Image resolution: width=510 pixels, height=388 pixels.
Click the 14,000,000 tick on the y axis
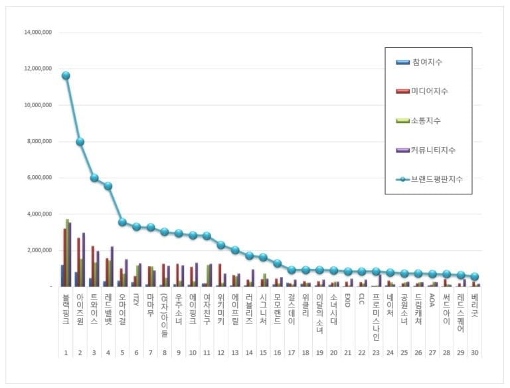[37, 32]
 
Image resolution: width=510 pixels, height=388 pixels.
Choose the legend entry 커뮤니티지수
[432, 150]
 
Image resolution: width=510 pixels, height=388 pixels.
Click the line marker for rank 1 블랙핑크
[66, 75]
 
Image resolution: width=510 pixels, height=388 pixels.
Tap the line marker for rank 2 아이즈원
[80, 141]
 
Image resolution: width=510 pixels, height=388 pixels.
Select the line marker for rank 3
[94, 178]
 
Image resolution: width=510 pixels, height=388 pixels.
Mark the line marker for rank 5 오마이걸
[122, 222]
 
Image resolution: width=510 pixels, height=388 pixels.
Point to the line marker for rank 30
[474, 277]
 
